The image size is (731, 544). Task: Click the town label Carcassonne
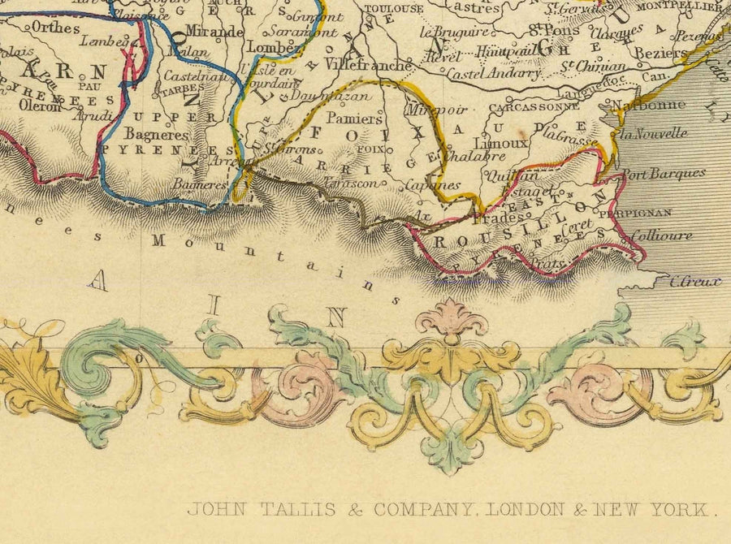[x=524, y=107]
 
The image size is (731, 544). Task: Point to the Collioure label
[x=662, y=235]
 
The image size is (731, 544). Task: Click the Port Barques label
[x=664, y=173]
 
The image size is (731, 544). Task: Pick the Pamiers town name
[x=354, y=119]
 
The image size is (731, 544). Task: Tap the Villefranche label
[x=367, y=63]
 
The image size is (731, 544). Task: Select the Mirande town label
[x=214, y=32]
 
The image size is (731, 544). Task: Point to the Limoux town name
[x=506, y=141]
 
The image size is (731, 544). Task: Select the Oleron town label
[x=35, y=106]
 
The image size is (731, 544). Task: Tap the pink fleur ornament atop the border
[x=451, y=317]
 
